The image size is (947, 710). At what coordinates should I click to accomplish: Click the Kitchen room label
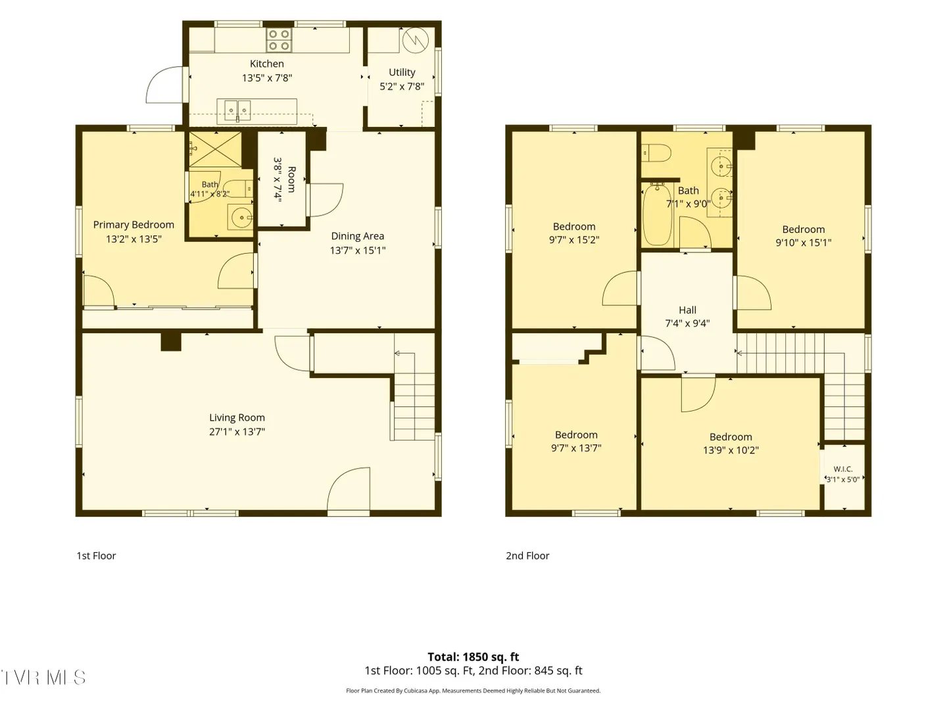click(266, 64)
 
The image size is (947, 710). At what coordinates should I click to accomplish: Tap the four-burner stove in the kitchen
click(278, 39)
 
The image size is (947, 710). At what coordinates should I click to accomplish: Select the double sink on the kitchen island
click(237, 111)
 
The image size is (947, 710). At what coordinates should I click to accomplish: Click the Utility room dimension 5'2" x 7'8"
click(402, 86)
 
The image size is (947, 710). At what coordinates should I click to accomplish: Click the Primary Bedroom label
click(134, 225)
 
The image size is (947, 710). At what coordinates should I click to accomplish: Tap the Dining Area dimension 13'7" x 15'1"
click(358, 250)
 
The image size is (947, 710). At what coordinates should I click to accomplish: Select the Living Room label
click(237, 417)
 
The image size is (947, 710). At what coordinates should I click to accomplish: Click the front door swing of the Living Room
click(348, 490)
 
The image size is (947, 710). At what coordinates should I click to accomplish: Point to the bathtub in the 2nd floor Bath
click(657, 215)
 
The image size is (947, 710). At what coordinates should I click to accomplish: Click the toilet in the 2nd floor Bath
click(656, 153)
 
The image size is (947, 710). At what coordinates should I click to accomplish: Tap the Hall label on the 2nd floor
click(687, 310)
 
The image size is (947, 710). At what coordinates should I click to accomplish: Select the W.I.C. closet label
click(842, 469)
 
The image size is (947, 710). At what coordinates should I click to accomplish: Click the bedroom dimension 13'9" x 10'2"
click(731, 450)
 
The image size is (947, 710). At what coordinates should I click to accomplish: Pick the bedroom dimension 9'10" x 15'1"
click(804, 243)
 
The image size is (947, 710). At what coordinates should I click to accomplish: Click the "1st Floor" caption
click(96, 556)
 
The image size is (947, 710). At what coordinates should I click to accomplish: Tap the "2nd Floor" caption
click(527, 556)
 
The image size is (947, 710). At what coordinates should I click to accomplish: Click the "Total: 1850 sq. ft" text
click(473, 657)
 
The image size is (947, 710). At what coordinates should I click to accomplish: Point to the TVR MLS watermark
click(43, 678)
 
